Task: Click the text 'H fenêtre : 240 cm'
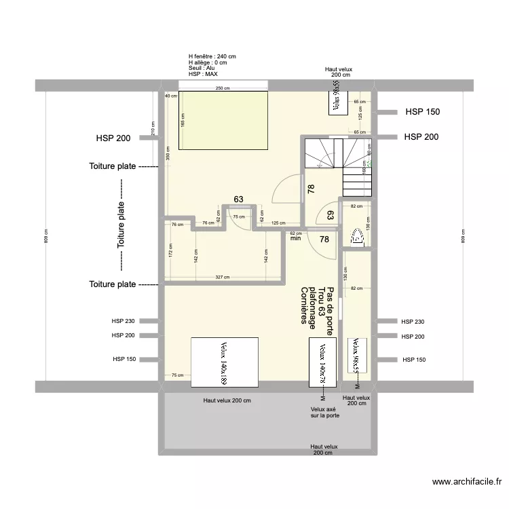(212, 57)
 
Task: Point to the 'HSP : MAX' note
(203, 74)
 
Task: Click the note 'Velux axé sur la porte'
(325, 413)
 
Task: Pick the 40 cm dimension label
(168, 96)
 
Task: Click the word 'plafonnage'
(312, 309)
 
